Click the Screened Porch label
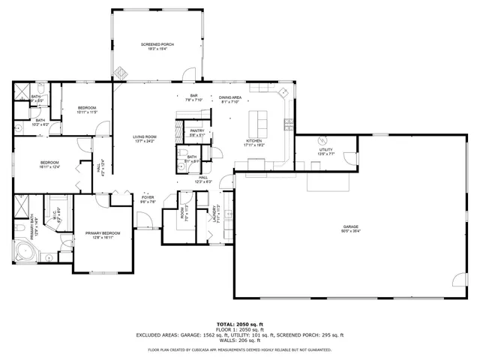(x=158, y=46)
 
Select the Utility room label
(x=325, y=151)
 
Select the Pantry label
(x=196, y=132)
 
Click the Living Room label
(x=143, y=138)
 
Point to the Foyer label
(x=147, y=199)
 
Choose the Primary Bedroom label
(x=103, y=235)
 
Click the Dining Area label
(x=230, y=99)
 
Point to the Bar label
(x=193, y=97)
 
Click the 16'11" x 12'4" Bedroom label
(x=50, y=164)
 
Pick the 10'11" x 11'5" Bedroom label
(x=86, y=110)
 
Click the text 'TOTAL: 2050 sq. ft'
(x=239, y=324)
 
